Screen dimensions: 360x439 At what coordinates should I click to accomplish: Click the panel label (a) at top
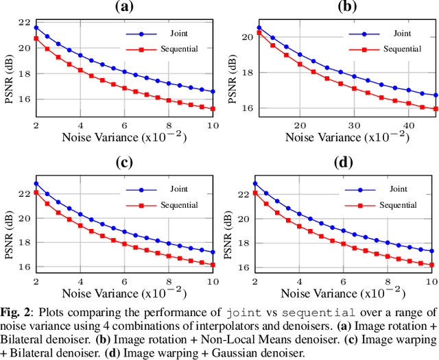tap(123, 7)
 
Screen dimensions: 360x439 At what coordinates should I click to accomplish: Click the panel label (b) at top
tap(343, 7)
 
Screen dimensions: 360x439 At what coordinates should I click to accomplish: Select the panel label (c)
tap(123, 163)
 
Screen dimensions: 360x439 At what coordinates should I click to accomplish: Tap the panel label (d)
tap(343, 163)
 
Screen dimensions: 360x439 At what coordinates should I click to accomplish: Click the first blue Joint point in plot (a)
tap(36, 28)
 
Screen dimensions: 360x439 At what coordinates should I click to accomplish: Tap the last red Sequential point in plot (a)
tap(213, 108)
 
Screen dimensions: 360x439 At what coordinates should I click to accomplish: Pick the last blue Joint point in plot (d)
tap(431, 251)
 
